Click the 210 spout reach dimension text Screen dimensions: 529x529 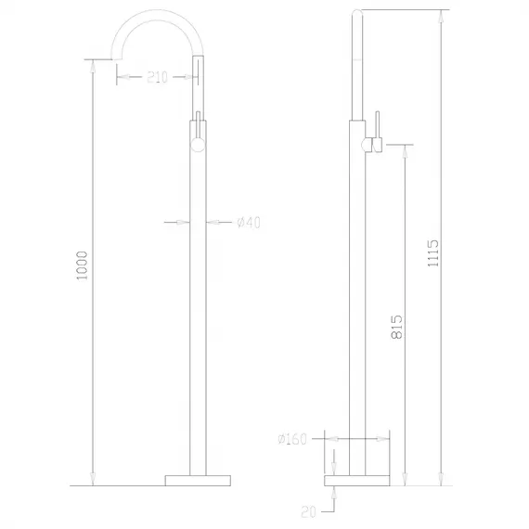[157, 78]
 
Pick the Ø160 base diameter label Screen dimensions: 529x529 [292, 440]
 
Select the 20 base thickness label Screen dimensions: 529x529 [309, 510]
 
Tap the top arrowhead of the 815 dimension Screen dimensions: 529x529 [405, 149]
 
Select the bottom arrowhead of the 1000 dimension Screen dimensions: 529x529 [91, 479]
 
